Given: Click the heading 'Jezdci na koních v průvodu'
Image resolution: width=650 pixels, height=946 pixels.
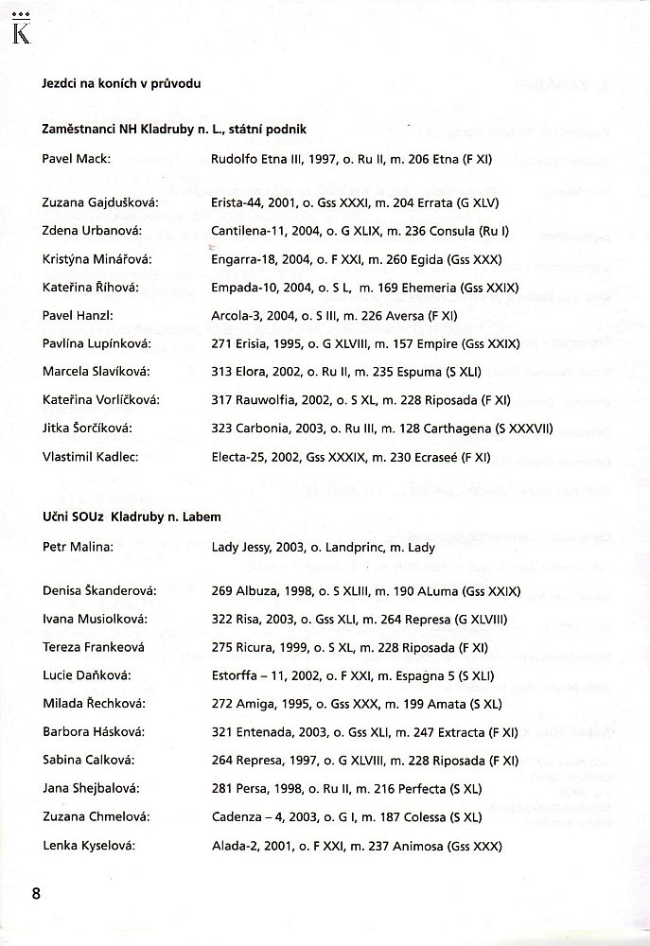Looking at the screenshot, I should (121, 83).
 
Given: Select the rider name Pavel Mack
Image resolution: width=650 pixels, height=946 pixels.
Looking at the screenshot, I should (77, 159).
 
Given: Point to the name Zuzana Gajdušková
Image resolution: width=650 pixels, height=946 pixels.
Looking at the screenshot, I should (99, 202).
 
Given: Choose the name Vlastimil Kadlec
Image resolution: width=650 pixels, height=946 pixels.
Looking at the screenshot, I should (91, 457).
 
